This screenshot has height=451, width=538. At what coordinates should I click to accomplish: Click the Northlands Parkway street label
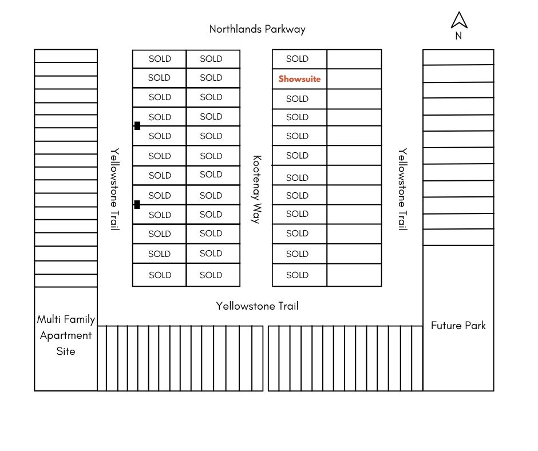click(257, 29)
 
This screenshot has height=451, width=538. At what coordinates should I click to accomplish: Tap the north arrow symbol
click(459, 21)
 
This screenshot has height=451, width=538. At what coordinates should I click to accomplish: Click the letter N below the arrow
click(458, 36)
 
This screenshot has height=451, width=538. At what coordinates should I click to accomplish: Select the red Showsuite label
click(299, 79)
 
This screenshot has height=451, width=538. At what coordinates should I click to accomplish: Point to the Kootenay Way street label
click(257, 189)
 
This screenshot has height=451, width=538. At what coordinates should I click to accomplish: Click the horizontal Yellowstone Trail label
click(257, 306)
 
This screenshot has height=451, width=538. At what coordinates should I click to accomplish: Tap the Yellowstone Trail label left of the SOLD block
click(115, 189)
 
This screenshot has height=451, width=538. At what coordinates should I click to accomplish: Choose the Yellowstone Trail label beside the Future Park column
click(403, 189)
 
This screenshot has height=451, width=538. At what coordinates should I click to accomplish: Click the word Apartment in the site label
click(66, 335)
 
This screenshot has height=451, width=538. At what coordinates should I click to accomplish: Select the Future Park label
click(458, 326)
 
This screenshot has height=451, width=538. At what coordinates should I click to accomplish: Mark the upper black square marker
click(137, 126)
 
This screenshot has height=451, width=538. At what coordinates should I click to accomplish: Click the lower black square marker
click(137, 204)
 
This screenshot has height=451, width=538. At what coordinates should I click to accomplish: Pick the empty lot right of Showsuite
click(354, 79)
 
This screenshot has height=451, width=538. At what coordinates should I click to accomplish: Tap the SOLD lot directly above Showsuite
click(298, 59)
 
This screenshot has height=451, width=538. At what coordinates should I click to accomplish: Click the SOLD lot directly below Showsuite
click(298, 99)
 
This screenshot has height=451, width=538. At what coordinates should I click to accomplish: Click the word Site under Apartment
click(66, 351)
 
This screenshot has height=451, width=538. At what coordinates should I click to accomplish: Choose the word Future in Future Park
click(446, 326)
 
